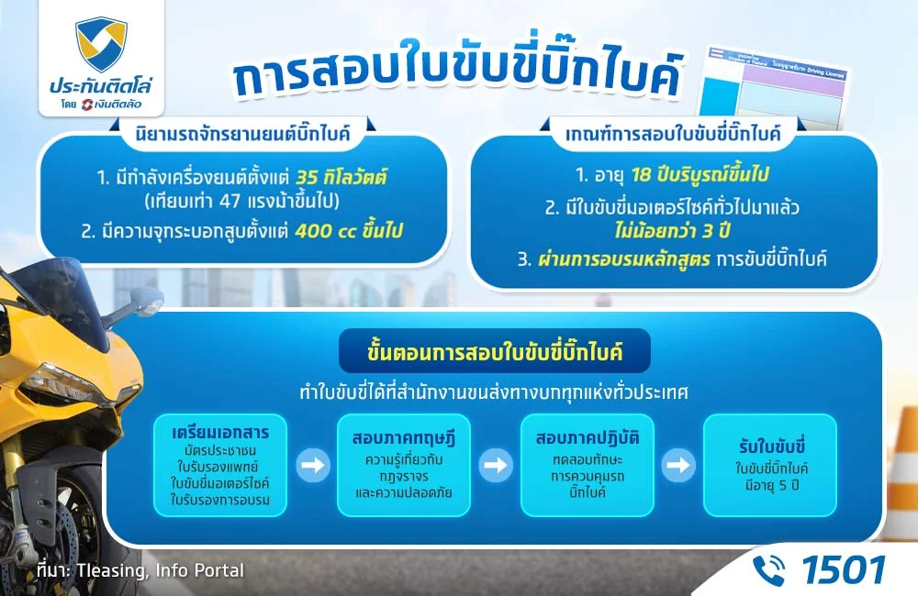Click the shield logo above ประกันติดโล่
tap(102, 45)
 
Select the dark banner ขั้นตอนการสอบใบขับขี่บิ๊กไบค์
tap(495, 351)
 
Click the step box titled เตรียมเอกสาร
tap(219, 465)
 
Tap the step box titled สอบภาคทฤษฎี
tap(403, 465)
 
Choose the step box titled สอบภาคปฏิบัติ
tap(587, 465)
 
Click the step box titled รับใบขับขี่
tap(770, 465)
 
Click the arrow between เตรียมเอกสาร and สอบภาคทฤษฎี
tap(314, 465)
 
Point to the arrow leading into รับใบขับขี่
tap(679, 465)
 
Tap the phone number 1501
tap(843, 569)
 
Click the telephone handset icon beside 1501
tap(769, 569)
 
